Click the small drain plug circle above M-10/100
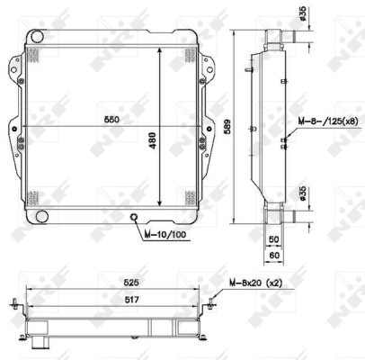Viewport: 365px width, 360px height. tap(134, 217)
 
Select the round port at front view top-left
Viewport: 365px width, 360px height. tap(37, 36)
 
